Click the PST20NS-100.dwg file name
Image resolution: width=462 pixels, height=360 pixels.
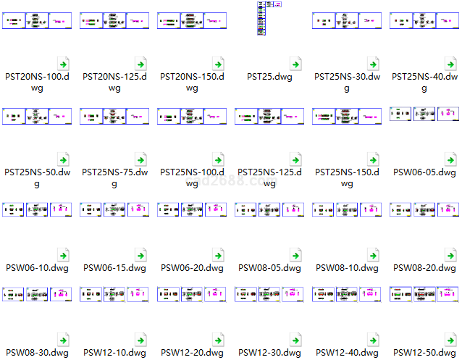click(x=38, y=82)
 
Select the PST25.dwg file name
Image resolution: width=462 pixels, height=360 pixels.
click(x=269, y=77)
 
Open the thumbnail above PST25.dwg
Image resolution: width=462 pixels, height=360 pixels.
click(x=269, y=19)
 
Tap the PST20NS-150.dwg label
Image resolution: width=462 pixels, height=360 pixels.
click(x=192, y=82)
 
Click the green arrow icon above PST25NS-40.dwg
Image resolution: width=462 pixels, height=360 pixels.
click(x=451, y=63)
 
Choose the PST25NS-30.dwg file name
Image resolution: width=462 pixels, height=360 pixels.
click(x=347, y=82)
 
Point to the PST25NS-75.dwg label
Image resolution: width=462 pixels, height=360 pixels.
click(x=115, y=178)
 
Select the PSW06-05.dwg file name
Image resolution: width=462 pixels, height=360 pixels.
click(x=424, y=172)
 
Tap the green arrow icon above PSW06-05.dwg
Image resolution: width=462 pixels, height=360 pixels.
click(x=451, y=159)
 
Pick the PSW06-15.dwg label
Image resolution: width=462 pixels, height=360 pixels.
click(x=115, y=268)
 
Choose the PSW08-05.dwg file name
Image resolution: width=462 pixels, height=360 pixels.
click(x=269, y=268)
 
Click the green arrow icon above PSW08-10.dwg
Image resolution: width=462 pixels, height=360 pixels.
click(x=374, y=255)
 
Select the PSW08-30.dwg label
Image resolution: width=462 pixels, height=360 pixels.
click(x=38, y=353)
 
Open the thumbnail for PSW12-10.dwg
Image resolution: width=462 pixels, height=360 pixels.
click(x=115, y=294)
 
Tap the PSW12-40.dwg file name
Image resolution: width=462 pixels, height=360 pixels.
click(x=347, y=353)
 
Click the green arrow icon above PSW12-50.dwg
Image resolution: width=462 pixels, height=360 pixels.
click(x=451, y=340)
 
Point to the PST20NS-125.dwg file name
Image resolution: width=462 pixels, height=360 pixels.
click(x=115, y=82)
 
